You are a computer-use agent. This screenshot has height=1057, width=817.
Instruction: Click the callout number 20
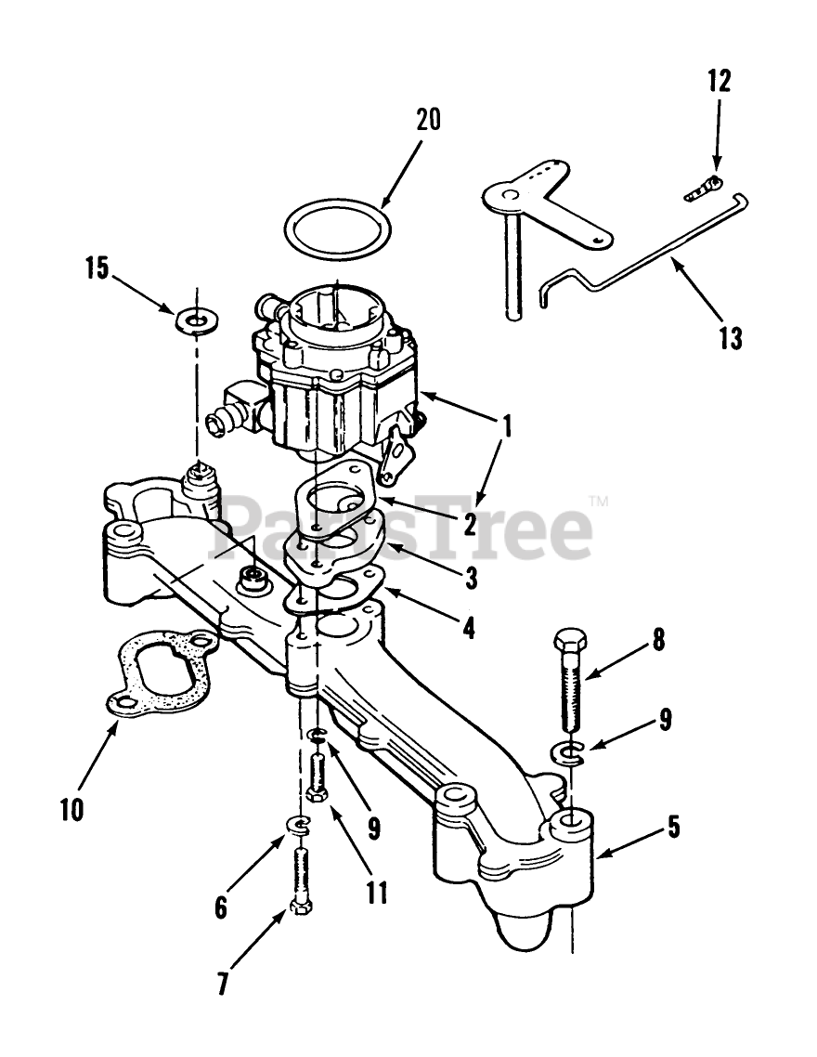428,121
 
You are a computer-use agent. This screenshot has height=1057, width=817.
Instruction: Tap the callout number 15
97,269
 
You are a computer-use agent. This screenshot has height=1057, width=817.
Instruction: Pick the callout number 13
731,338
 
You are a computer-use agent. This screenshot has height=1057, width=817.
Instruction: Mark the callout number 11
376,893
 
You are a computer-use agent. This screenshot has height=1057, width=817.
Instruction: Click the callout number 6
221,907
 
